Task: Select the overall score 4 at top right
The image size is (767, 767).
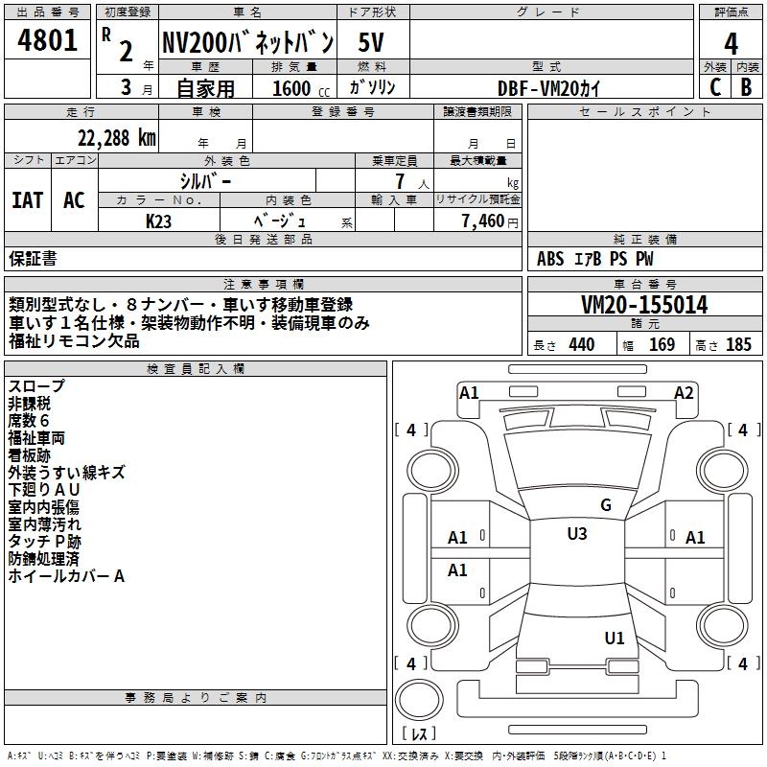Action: pyautogui.click(x=732, y=43)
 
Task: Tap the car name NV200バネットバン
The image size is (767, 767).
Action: pyautogui.click(x=247, y=42)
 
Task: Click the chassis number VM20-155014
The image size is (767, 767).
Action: pyautogui.click(x=645, y=306)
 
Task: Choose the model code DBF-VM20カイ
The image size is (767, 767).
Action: pyautogui.click(x=550, y=87)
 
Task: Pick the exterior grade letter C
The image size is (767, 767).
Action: pyautogui.click(x=714, y=87)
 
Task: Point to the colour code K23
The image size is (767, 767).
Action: pyautogui.click(x=160, y=221)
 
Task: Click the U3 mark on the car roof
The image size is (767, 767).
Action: pyautogui.click(x=576, y=534)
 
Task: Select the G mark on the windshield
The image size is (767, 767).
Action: pyautogui.click(x=605, y=505)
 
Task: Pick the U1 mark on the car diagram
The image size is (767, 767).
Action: pyautogui.click(x=615, y=638)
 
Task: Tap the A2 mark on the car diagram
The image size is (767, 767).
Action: pyautogui.click(x=684, y=392)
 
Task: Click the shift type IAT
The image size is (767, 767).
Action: pyautogui.click(x=28, y=200)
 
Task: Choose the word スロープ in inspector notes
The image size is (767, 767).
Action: pyautogui.click(x=37, y=386)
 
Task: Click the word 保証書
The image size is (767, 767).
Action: pyautogui.click(x=33, y=258)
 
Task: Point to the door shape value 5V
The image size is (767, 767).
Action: pyautogui.click(x=372, y=42)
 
